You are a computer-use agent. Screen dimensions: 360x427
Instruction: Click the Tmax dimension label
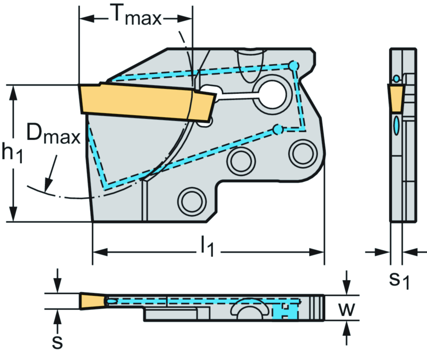pos(136,17)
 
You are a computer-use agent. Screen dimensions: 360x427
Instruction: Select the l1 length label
pos(207,248)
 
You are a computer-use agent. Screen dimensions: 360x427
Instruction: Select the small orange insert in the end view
pos(396,98)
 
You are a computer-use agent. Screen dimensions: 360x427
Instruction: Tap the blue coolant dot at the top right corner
pos(294,66)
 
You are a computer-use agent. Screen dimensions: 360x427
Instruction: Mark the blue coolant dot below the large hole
pos(277,130)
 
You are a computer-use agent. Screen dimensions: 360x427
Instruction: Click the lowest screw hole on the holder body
pos(192,201)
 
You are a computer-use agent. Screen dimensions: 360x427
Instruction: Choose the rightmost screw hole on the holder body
pos(303,154)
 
